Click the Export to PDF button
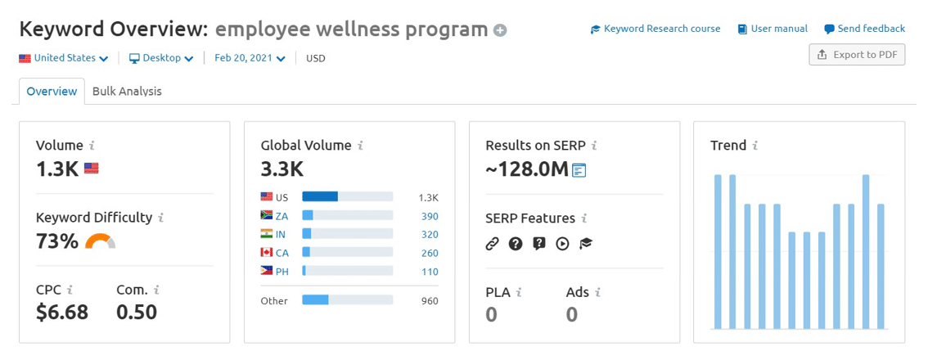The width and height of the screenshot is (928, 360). click(x=857, y=55)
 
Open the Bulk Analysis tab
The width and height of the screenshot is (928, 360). click(x=127, y=92)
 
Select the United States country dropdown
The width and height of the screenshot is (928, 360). click(x=64, y=58)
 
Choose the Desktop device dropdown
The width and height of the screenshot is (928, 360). click(x=161, y=58)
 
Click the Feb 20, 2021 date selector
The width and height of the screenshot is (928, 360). click(x=250, y=58)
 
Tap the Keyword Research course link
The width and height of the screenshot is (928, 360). click(x=655, y=29)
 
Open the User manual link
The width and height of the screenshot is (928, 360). click(x=773, y=29)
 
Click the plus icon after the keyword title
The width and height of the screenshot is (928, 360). click(x=500, y=31)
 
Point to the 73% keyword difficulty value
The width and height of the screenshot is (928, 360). click(x=57, y=241)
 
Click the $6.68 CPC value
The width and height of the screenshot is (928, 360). click(x=62, y=312)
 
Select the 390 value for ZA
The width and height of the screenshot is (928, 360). click(x=429, y=216)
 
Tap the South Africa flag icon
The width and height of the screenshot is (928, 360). click(x=267, y=216)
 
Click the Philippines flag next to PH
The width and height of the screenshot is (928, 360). click(x=267, y=271)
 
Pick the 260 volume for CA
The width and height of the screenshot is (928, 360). click(x=429, y=253)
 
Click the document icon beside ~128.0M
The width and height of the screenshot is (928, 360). click(x=579, y=170)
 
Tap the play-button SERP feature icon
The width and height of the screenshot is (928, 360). click(x=562, y=243)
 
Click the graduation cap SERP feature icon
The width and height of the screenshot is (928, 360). click(x=586, y=243)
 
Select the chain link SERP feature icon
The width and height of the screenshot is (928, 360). click(x=492, y=243)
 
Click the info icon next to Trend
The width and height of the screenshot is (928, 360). click(x=755, y=146)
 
